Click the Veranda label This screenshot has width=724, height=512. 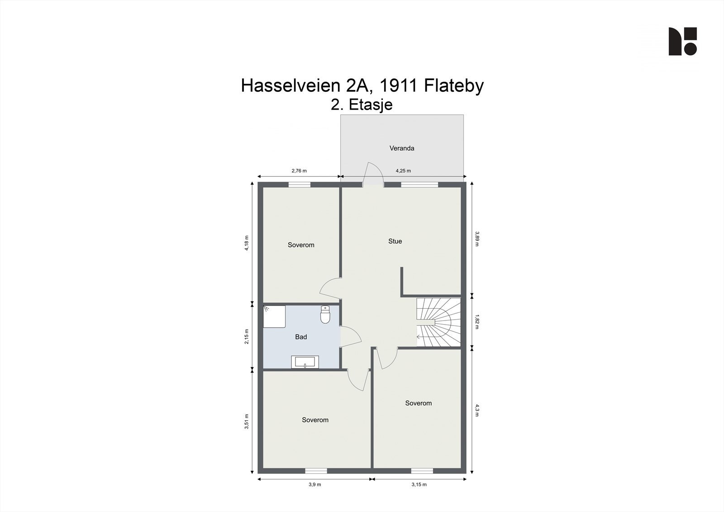(402, 148)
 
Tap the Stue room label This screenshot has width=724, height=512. (395, 241)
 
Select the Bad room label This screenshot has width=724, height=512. (301, 337)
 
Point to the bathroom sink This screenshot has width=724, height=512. (305, 362)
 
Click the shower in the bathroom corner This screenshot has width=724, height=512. (274, 316)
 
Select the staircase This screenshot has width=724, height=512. (438, 323)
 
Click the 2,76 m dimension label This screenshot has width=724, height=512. (299, 171)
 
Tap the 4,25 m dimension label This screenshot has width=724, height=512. (403, 171)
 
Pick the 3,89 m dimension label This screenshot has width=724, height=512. (477, 239)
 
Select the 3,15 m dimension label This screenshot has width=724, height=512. (419, 484)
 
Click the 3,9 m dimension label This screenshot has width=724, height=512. (315, 484)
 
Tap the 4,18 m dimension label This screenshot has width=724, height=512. (247, 243)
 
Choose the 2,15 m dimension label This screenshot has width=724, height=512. (247, 336)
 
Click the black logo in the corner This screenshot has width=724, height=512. (682, 42)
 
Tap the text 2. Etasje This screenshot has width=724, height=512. (362, 105)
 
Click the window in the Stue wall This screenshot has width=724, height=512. (419, 184)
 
